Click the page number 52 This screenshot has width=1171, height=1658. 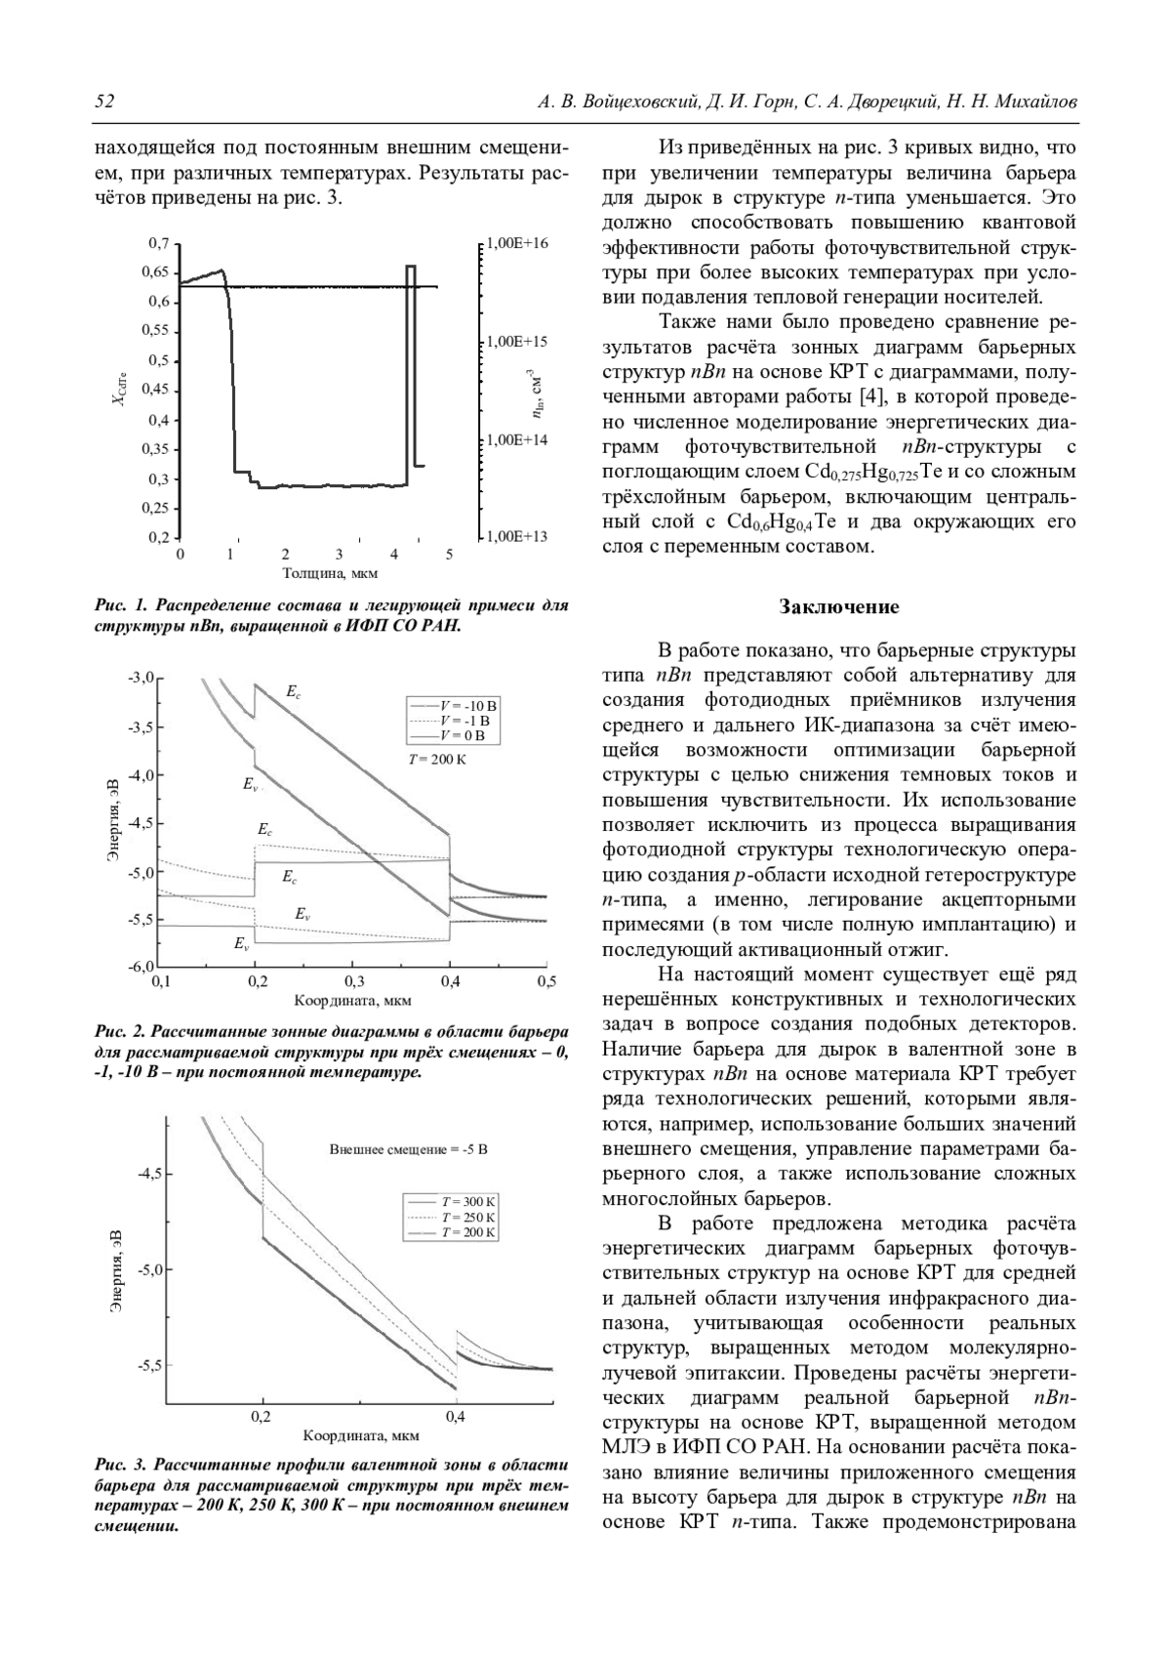[x=104, y=102]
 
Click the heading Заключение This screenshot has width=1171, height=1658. [x=839, y=607]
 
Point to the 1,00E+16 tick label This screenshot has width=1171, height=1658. [x=517, y=243]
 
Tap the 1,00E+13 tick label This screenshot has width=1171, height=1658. [x=517, y=536]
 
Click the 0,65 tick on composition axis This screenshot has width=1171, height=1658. [x=158, y=272]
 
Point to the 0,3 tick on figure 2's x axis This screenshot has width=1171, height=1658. [x=353, y=982]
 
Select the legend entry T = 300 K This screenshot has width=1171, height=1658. [x=468, y=1202]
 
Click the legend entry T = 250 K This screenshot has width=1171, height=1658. [x=468, y=1218]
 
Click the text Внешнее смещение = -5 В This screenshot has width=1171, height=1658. [x=408, y=1149]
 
